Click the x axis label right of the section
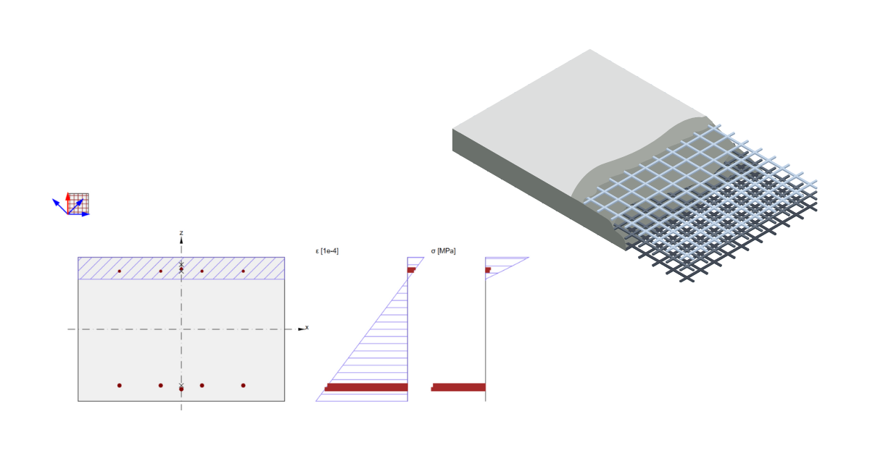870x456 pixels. [x=307, y=327]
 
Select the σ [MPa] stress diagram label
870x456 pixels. [x=444, y=250]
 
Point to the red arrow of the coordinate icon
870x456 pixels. [x=68, y=197]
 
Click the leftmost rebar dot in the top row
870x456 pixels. [x=120, y=271]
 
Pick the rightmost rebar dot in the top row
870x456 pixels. [x=243, y=271]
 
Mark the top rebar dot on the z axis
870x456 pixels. [x=181, y=269]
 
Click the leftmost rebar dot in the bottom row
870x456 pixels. [x=120, y=385]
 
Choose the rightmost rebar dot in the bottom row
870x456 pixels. [x=243, y=385]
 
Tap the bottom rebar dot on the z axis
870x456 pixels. [x=181, y=389]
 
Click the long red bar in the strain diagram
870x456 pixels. [x=366, y=387]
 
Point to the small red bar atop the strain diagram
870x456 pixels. [x=411, y=270]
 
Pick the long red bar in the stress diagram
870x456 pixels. [x=458, y=387]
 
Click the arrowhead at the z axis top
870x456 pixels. [x=181, y=239]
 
